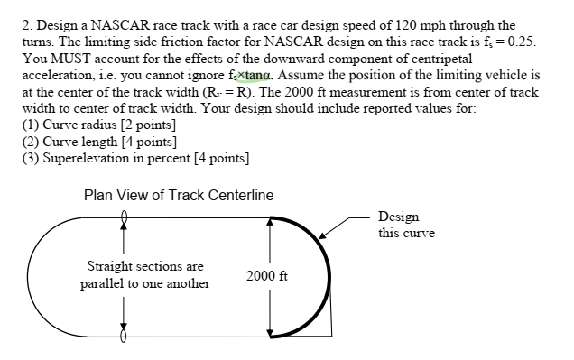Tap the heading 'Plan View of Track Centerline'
coord(178,195)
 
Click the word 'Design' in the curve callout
coord(399,217)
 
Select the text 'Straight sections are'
coord(144,267)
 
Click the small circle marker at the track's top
coord(124,216)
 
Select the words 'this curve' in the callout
coord(406,234)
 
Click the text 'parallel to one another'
coord(144,283)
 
